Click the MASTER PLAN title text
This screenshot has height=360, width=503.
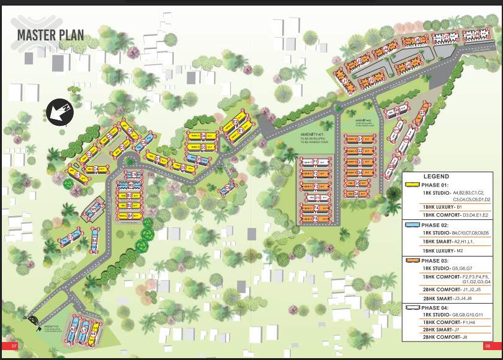[x=50, y=35]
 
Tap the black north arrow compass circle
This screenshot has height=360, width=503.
[x=58, y=112]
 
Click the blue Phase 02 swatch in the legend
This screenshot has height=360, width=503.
[x=411, y=224]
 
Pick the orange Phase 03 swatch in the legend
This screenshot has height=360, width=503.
[x=411, y=259]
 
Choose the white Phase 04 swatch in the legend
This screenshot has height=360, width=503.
[x=411, y=307]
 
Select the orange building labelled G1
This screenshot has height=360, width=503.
[x=359, y=139]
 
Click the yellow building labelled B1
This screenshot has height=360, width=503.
[x=130, y=216]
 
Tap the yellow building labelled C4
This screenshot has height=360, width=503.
[x=96, y=169]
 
